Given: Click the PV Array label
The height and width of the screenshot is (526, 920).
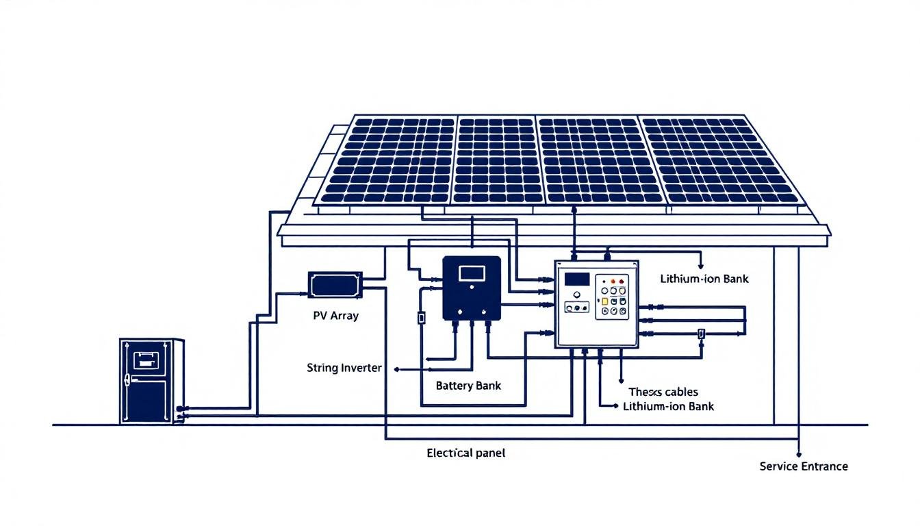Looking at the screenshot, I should [x=335, y=316].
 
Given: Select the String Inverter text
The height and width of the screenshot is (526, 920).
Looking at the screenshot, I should [x=344, y=368].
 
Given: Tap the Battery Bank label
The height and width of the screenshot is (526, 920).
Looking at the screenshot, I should [x=468, y=386].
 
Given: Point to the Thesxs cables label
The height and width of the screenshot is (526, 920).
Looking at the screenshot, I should [x=663, y=392].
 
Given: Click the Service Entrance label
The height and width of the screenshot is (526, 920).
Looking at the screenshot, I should [x=804, y=466].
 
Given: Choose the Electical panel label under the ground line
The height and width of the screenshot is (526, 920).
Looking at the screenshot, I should [x=465, y=453].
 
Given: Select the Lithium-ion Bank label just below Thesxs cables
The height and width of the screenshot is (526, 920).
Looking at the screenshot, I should [x=668, y=406].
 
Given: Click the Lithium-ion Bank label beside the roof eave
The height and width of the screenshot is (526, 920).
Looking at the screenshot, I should [x=704, y=279].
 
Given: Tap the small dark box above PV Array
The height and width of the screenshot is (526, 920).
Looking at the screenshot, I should [x=335, y=284].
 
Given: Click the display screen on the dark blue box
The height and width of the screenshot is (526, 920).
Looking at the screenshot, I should [x=472, y=273].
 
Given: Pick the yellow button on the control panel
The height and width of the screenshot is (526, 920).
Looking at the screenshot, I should [x=605, y=301].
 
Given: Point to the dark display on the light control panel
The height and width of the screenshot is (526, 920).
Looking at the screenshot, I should [x=576, y=279].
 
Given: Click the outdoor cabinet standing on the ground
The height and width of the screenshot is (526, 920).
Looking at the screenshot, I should [x=151, y=381].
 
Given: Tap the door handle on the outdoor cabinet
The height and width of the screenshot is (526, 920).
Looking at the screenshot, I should [x=128, y=377].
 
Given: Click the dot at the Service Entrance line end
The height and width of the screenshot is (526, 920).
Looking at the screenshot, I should [x=799, y=454].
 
